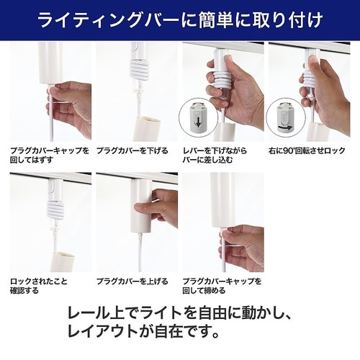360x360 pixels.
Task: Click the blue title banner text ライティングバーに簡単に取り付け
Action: point(180,19)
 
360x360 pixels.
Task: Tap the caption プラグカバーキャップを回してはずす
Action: point(49,156)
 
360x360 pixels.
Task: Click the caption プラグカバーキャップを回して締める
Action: point(221,284)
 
